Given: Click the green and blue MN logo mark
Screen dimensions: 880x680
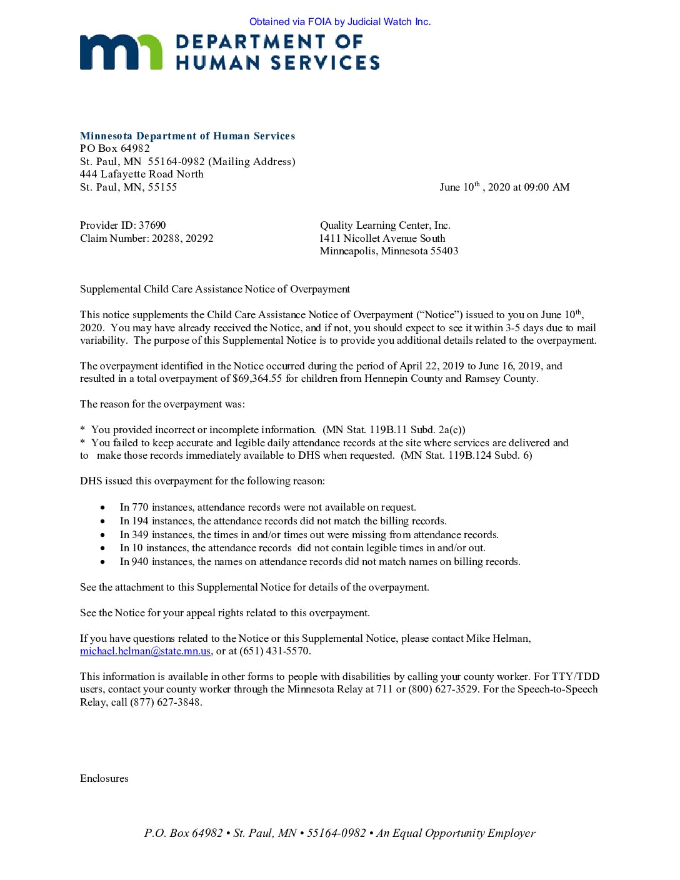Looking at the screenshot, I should click(x=121, y=52).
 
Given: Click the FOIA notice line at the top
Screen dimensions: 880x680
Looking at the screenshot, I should click(x=340, y=22).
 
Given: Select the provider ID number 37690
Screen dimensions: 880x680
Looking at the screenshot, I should click(x=152, y=226).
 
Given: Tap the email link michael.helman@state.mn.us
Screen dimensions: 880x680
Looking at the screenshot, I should click(x=145, y=651).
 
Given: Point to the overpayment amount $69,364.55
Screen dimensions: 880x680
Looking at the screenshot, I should click(x=257, y=379).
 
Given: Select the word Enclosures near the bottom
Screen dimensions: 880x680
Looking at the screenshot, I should click(x=104, y=779).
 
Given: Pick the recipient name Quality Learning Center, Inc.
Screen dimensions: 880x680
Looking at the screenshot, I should click(x=385, y=226).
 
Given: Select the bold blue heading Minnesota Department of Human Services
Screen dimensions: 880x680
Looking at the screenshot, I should click(x=187, y=136).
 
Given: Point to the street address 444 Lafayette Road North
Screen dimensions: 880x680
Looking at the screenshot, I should click(x=142, y=174).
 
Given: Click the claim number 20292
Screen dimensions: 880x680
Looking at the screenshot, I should click(x=199, y=239).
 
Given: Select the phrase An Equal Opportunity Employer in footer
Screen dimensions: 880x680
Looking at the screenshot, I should click(x=456, y=833).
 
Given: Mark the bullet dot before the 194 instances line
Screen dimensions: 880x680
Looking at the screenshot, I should click(x=103, y=521).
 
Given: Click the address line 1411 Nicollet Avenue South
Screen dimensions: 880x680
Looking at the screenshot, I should click(x=382, y=239).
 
